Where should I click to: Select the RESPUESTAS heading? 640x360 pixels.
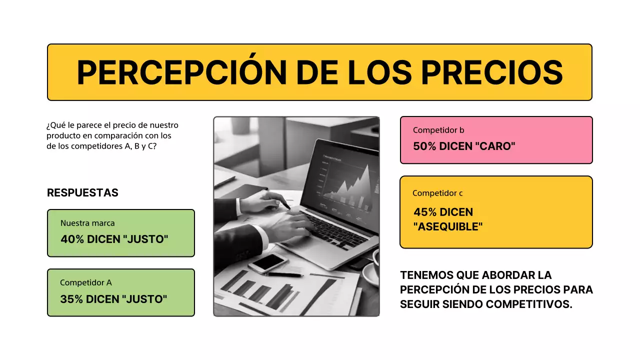click(82, 193)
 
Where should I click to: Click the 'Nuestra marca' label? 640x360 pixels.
click(87, 223)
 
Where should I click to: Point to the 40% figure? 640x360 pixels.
click(72, 239)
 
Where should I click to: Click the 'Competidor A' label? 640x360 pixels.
click(86, 282)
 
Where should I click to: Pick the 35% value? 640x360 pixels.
click(71, 299)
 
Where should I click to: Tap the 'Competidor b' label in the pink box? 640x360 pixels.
click(438, 130)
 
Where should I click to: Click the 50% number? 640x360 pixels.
click(425, 146)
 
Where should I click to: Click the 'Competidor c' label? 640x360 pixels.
click(438, 193)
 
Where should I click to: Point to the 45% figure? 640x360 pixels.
click(425, 212)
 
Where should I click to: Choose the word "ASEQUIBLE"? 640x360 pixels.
click(448, 226)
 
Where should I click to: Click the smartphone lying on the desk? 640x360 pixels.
click(268, 262)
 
